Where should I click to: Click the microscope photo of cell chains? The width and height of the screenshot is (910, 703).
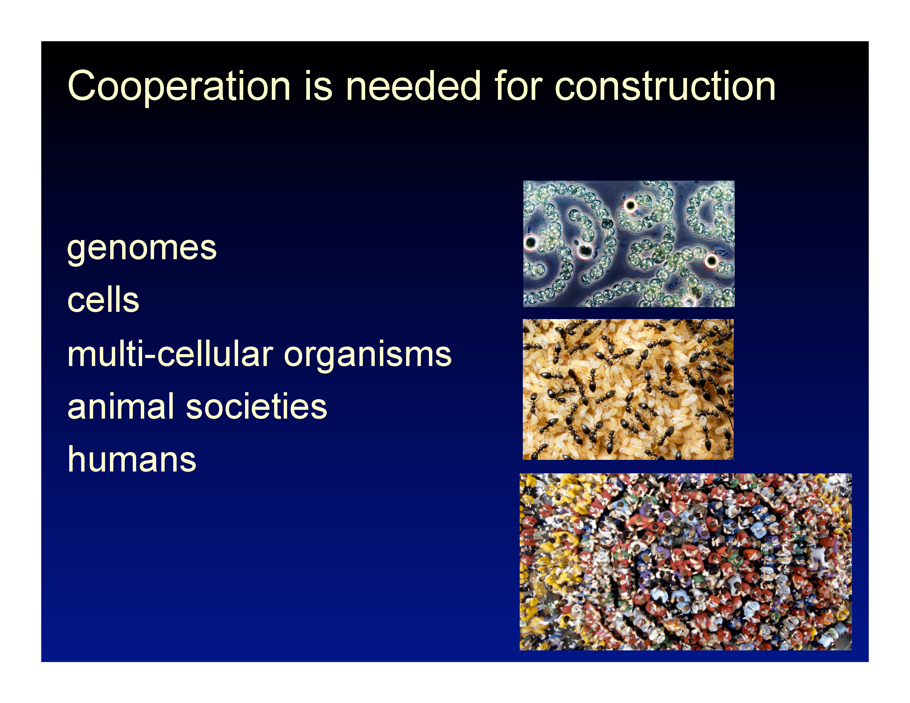pyautogui.click(x=629, y=244)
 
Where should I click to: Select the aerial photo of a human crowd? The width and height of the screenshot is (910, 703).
pyautogui.click(x=685, y=562)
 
